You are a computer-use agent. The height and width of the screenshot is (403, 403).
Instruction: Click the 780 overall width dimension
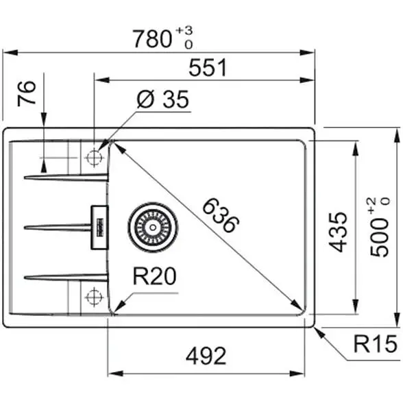[152, 39]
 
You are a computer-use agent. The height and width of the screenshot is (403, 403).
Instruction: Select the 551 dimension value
[208, 67]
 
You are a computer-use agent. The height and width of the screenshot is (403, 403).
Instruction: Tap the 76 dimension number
[26, 93]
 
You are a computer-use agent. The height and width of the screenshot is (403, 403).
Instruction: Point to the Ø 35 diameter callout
[163, 99]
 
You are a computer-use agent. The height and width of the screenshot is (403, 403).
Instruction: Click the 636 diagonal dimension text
[221, 215]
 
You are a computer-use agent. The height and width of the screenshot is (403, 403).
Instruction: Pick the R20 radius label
[154, 276]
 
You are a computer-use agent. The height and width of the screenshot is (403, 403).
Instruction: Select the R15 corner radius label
[376, 344]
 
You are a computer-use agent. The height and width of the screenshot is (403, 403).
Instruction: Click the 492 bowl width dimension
[206, 356]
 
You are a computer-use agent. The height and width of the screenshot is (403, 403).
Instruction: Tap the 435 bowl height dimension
[339, 232]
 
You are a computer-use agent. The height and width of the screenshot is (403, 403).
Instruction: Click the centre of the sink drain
[153, 228]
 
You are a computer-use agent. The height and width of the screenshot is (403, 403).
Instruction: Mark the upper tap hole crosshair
[95, 158]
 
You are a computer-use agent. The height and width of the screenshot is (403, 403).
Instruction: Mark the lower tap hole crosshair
[95, 297]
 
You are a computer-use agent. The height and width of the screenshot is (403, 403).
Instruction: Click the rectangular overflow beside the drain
[100, 228]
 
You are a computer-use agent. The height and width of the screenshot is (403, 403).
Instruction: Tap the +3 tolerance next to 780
[184, 31]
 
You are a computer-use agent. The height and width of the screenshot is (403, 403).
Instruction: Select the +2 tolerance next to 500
[371, 206]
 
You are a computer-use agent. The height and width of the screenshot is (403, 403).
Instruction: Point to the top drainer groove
[66, 177]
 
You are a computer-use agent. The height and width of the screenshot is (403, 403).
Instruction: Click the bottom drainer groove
[66, 278]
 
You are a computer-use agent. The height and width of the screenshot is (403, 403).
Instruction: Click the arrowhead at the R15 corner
[319, 332]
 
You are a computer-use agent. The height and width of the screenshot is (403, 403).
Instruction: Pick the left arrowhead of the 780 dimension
[10, 53]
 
